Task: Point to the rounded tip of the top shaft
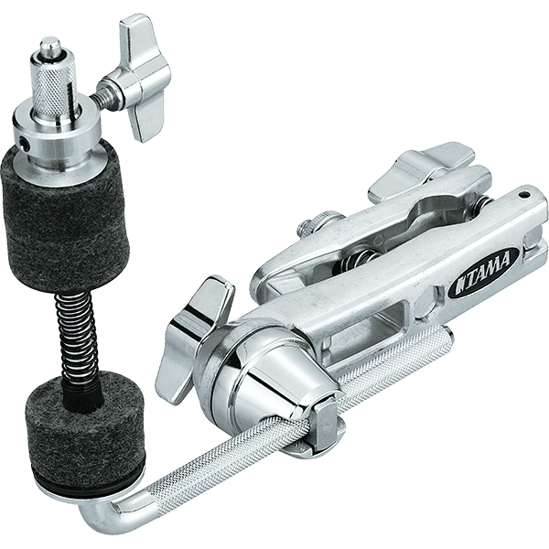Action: [x=50, y=46]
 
